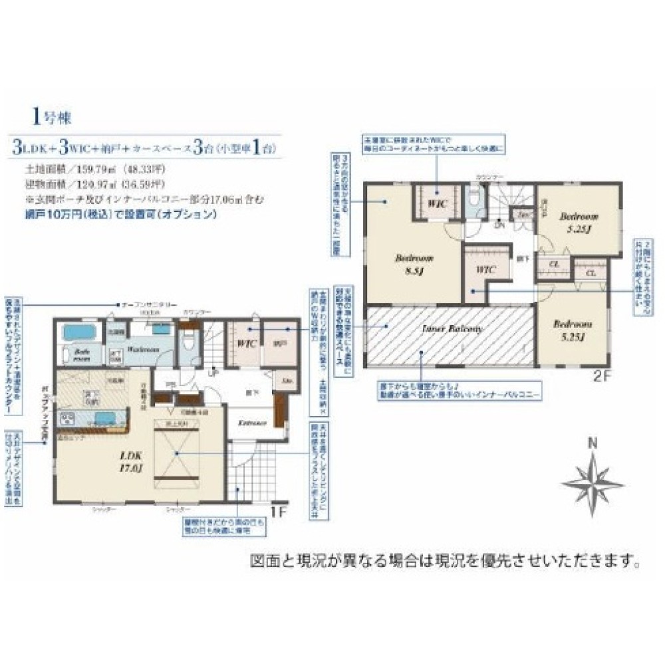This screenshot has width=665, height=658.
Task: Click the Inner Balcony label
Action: click(x=450, y=329)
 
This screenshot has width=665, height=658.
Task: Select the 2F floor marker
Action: click(x=601, y=374)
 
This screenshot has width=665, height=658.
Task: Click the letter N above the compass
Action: click(x=593, y=444)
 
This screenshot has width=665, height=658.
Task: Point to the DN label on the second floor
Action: click(x=499, y=225)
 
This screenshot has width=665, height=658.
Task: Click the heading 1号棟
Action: click(x=51, y=118)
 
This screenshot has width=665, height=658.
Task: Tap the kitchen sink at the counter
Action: click(x=102, y=418)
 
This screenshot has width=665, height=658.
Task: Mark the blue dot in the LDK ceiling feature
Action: click(x=177, y=453)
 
